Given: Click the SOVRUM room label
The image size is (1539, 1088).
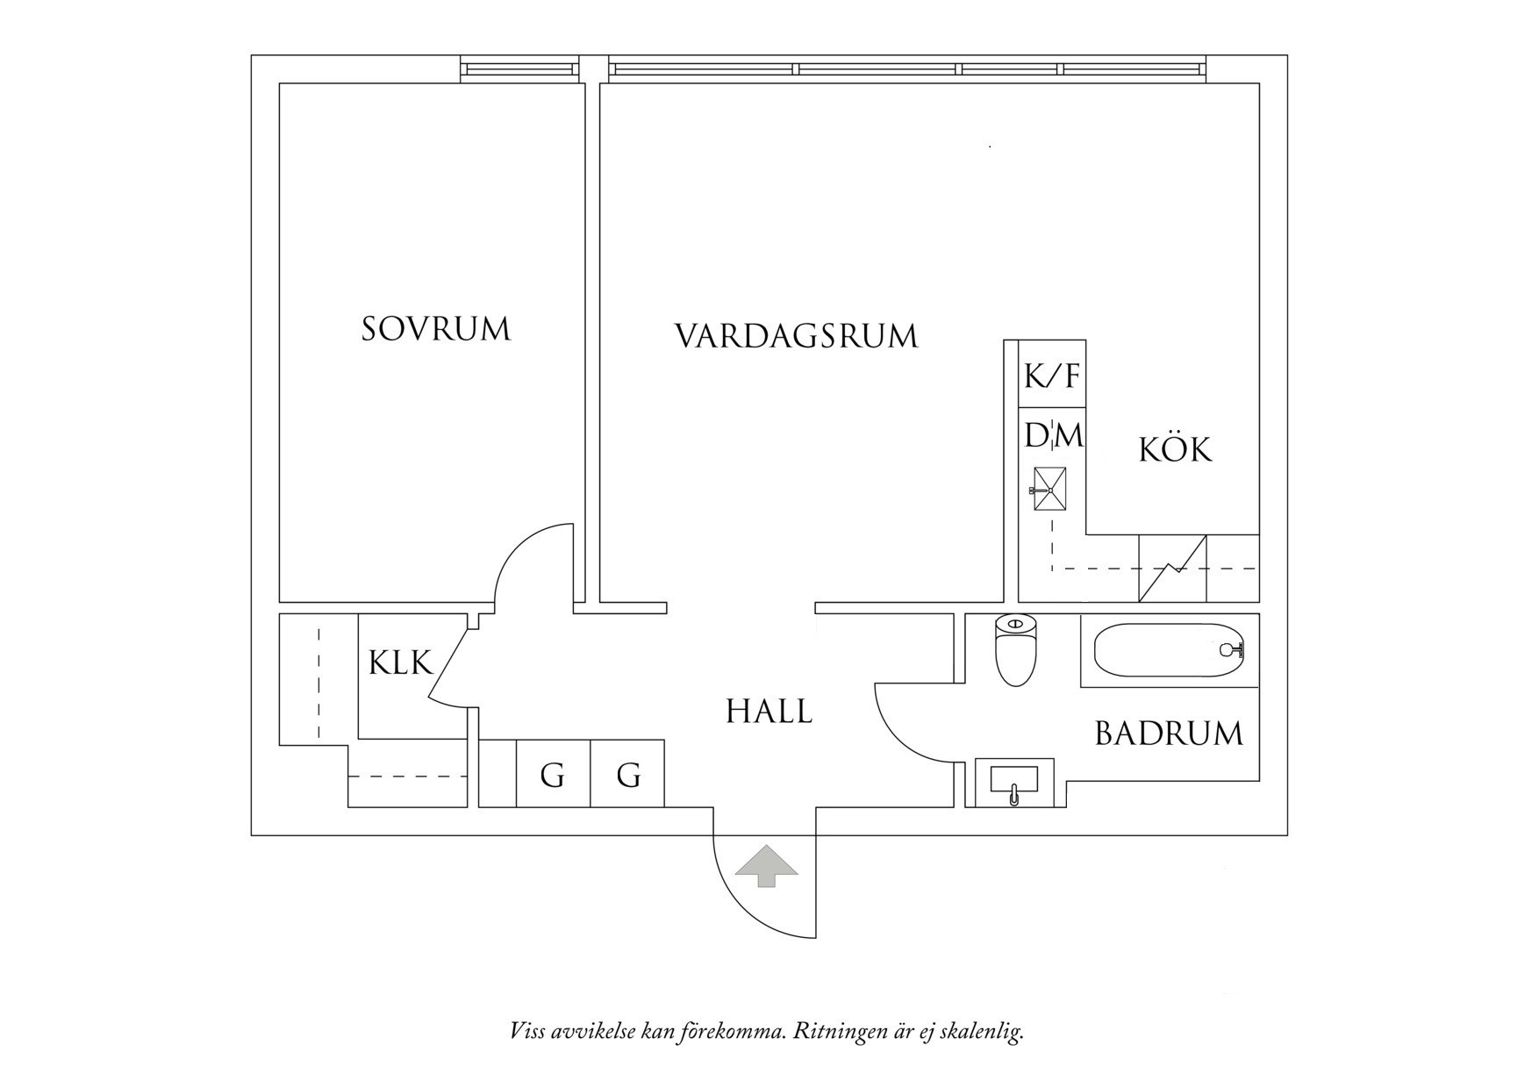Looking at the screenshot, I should [x=436, y=329].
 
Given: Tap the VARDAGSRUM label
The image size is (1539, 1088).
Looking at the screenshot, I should [x=796, y=336].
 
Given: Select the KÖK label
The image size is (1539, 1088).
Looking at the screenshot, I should [x=1175, y=450].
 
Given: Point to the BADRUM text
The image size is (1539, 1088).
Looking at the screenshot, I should [x=1169, y=734].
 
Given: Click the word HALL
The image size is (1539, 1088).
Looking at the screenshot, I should [x=769, y=712].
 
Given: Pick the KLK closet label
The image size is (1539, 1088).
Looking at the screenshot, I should [x=400, y=662].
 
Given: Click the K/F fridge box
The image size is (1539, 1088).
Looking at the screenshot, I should [x=1052, y=376].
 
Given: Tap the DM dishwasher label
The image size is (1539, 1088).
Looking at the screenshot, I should [x=1054, y=435].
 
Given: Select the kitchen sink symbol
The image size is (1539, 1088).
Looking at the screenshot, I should [x=1049, y=489].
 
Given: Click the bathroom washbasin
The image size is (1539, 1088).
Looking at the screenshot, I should [x=1013, y=781].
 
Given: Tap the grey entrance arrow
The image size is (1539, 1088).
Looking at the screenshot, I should [x=767, y=865].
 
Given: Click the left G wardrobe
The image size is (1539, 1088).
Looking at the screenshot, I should [x=552, y=775].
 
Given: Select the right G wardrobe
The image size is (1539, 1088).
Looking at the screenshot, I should [x=628, y=775].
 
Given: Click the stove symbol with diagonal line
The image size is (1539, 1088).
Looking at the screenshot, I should [x=1172, y=569].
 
